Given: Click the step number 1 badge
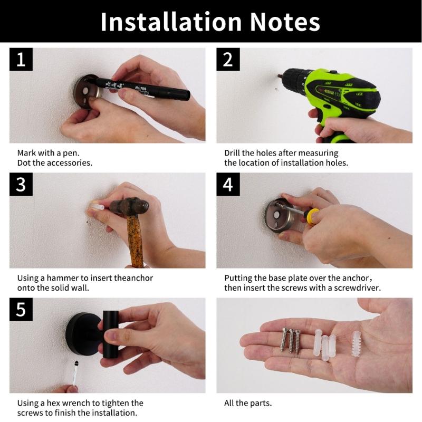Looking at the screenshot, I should tap(21, 60).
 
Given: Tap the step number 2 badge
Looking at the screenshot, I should tap(228, 60).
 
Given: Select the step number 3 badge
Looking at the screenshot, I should tap(21, 185).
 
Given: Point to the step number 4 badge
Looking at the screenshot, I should tap(228, 185).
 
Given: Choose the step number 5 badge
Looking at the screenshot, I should tap(21, 310).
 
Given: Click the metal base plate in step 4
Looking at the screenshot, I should tap(277, 216).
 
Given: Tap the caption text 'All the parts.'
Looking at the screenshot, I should tap(248, 403).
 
